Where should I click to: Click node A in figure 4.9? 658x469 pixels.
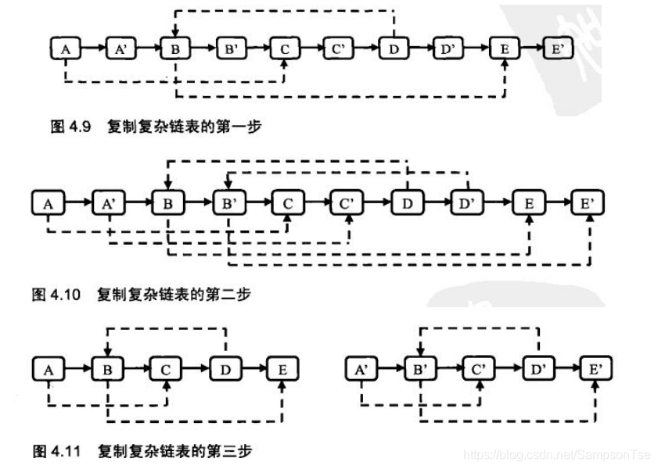[66, 49]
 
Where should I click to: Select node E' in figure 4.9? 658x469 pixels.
[557, 49]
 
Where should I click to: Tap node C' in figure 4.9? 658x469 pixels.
[338, 49]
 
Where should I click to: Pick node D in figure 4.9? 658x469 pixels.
[393, 49]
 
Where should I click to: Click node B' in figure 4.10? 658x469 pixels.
[230, 203]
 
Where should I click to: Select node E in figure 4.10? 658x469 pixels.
[528, 203]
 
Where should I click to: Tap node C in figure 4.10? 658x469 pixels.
[288, 203]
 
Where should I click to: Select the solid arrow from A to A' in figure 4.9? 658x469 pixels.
[92, 49]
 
